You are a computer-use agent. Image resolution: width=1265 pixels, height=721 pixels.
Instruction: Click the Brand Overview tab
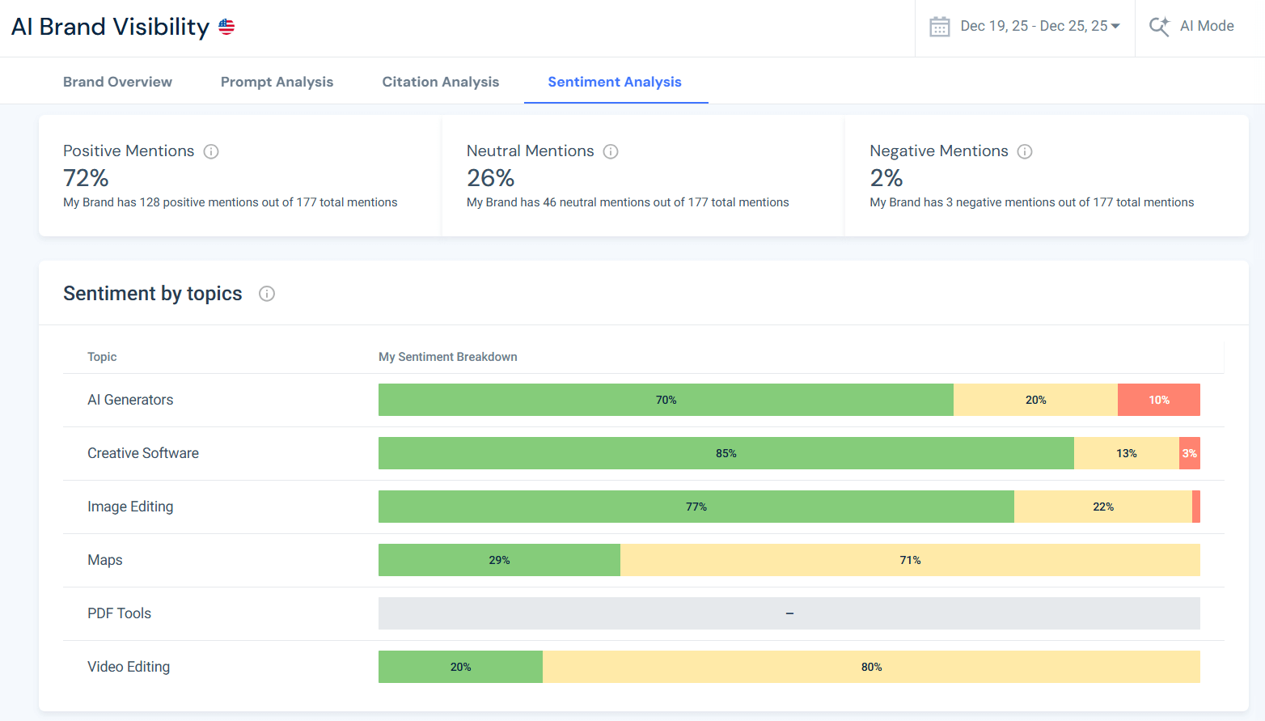click(117, 82)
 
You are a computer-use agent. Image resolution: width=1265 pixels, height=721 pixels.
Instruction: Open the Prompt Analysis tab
click(277, 82)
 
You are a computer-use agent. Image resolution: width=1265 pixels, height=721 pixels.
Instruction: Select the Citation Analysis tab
click(440, 82)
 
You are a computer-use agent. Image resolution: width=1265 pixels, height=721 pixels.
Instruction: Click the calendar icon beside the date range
click(939, 27)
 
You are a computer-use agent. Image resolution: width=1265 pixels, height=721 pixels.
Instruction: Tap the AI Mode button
click(1192, 27)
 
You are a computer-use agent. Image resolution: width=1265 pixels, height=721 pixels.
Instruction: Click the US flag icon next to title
click(226, 27)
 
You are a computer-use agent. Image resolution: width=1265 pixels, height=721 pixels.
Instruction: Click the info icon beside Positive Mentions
click(211, 151)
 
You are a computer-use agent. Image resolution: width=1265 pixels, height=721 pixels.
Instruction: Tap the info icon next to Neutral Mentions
click(611, 151)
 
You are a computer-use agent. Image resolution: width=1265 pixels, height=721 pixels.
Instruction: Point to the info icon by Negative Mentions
click(1025, 151)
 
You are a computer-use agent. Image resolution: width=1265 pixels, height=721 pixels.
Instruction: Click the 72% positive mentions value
click(86, 178)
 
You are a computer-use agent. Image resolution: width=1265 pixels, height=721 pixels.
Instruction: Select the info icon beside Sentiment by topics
click(267, 294)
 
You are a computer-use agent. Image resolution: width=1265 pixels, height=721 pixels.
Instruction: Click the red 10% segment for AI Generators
click(1158, 400)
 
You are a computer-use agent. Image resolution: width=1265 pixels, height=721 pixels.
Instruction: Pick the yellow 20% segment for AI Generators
click(1035, 400)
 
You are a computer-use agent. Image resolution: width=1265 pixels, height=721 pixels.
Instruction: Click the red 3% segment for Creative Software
click(1189, 453)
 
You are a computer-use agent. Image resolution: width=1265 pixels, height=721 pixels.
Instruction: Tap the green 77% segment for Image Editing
click(696, 507)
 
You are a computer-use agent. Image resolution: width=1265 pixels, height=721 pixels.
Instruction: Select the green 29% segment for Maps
click(499, 560)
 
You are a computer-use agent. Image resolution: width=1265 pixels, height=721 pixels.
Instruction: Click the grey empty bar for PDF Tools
click(789, 613)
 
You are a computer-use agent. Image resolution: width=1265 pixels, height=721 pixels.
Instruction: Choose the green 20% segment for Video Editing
click(460, 667)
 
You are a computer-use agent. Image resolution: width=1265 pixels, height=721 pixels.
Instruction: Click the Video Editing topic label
click(129, 667)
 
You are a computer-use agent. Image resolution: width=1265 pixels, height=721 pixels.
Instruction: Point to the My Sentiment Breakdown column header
click(447, 357)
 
